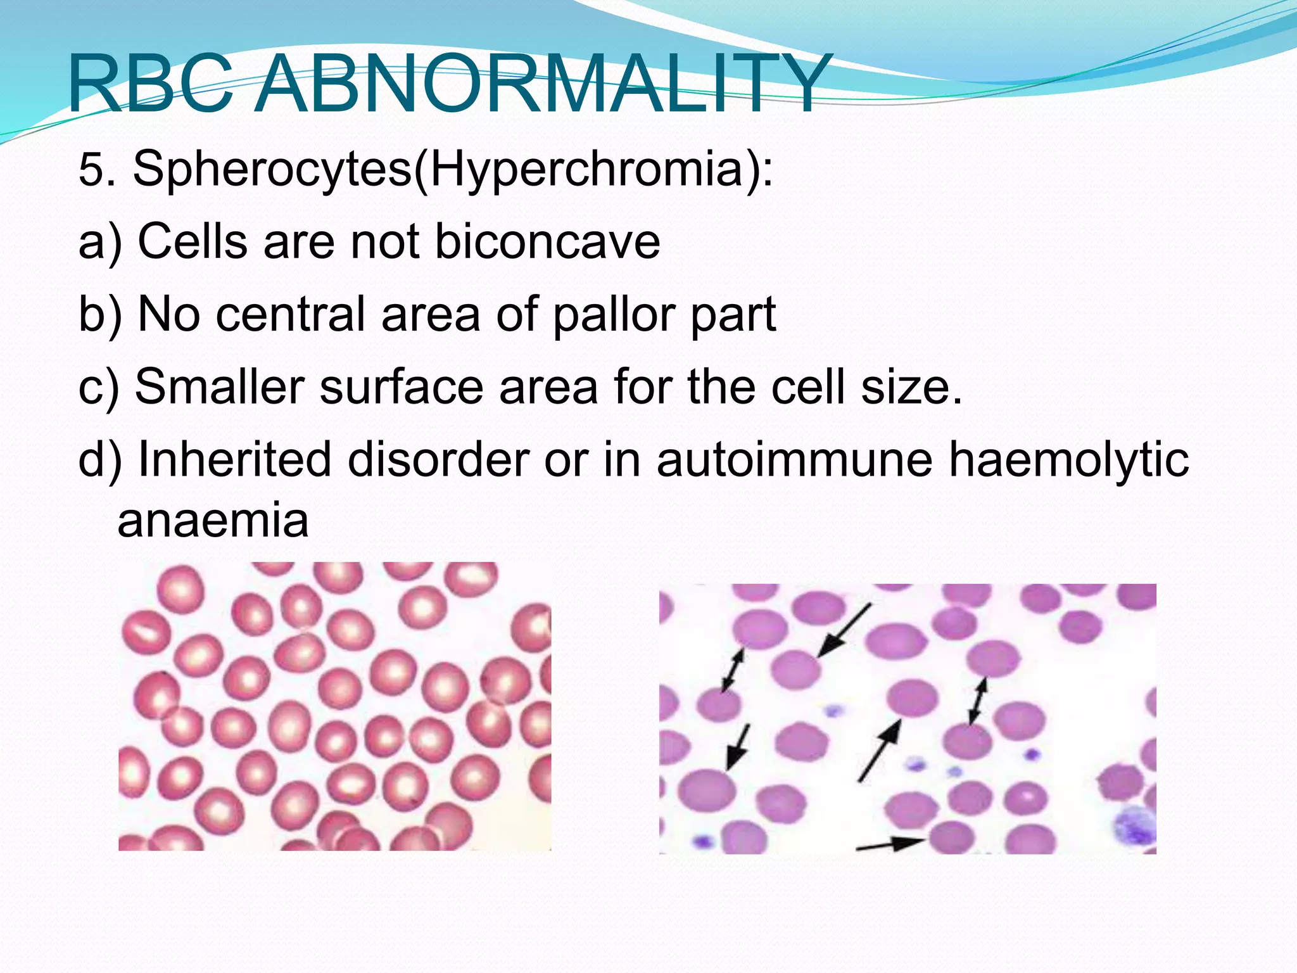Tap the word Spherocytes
[x=272, y=170]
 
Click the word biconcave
[x=548, y=242]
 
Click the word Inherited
[x=234, y=459]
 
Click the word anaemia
[x=213, y=521]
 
